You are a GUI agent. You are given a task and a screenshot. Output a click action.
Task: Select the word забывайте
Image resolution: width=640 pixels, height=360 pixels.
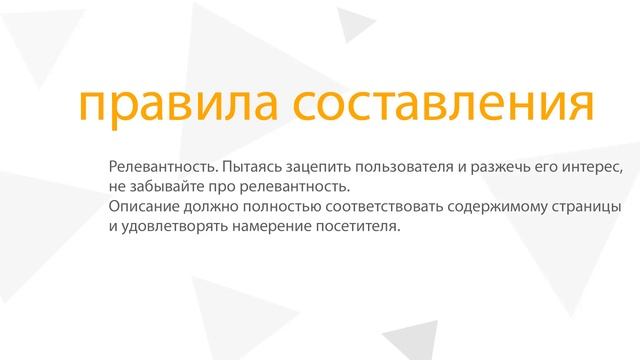tap(164, 186)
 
